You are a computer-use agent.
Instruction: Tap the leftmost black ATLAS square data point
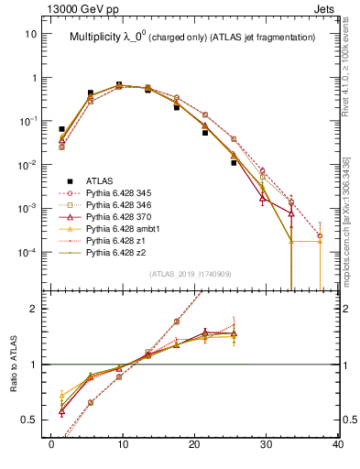click(x=61, y=129)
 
